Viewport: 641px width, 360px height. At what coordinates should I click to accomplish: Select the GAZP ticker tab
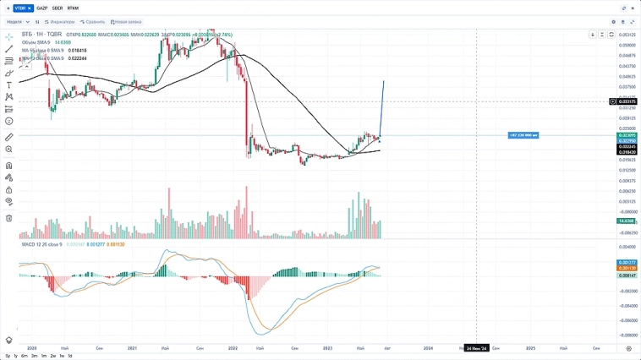[42, 8]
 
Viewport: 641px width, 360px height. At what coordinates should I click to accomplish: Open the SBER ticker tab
[58, 8]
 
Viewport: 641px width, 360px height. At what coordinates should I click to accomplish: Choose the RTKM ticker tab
[73, 8]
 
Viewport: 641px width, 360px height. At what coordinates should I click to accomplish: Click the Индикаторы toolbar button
[60, 21]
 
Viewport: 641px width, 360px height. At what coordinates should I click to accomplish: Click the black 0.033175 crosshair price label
[627, 101]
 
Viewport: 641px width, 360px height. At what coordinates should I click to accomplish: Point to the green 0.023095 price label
[627, 135]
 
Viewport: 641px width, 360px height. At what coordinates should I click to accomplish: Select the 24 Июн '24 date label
[476, 347]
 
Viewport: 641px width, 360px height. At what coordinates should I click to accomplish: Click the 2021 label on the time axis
[133, 347]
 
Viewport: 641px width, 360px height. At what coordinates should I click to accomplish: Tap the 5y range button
[8, 356]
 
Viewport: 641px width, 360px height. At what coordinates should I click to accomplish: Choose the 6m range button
[25, 356]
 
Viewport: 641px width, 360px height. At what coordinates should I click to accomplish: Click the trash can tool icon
[9, 218]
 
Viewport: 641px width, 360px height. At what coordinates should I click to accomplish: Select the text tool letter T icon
[9, 85]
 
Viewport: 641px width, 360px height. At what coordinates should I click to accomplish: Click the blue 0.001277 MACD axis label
[627, 262]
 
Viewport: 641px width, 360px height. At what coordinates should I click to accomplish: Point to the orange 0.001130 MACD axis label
[627, 268]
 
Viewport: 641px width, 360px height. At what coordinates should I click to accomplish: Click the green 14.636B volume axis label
[627, 221]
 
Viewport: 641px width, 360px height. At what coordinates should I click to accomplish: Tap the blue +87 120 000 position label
[523, 135]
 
